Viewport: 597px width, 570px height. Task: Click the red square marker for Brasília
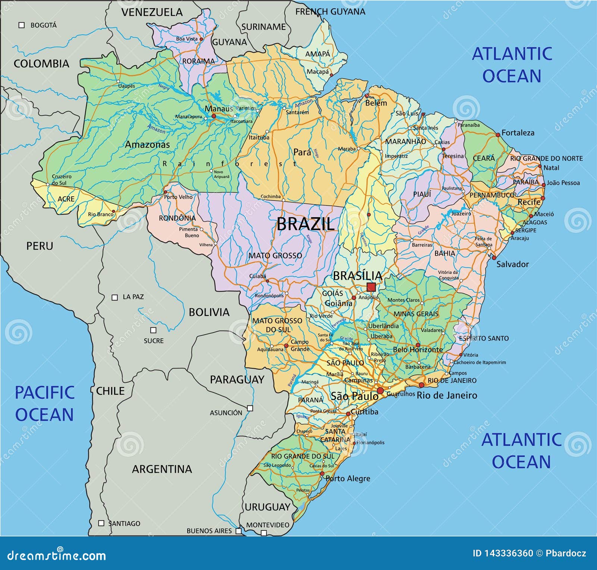coord(371,287)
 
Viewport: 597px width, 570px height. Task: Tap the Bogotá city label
coord(43,25)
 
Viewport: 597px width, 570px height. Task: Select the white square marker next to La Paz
coord(115,298)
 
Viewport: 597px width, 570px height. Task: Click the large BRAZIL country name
coord(305,224)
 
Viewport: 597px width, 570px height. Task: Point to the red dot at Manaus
coord(214,116)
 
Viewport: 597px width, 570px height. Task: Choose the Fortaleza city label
coord(518,133)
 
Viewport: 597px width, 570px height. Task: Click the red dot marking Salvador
coord(494,258)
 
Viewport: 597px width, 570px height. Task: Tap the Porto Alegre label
coord(348,479)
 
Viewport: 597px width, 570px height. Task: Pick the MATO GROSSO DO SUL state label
coord(277,325)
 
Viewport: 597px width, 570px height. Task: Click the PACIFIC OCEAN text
coord(44,404)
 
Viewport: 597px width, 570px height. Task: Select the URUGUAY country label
coord(267,507)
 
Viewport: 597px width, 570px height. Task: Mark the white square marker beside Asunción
coord(250,408)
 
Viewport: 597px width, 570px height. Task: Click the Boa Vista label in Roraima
coord(187,39)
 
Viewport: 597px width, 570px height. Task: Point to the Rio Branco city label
coord(100,214)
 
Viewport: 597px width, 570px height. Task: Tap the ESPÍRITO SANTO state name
coord(484,338)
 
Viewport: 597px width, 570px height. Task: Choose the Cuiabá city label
coord(257,276)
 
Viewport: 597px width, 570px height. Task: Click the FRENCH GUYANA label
coord(330,12)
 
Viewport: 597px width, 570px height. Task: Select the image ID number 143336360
coord(503,553)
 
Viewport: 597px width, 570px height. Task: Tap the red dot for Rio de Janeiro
coord(421,385)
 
